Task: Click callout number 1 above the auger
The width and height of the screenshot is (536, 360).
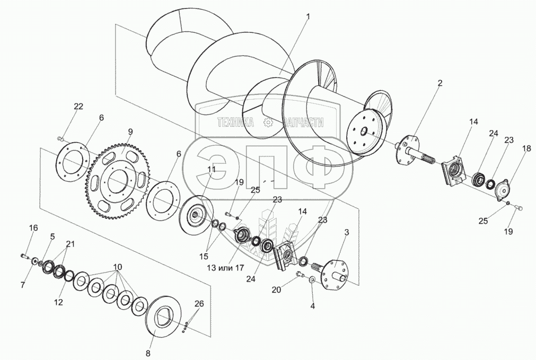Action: pos(307,16)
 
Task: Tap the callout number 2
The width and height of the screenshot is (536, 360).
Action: pos(440,83)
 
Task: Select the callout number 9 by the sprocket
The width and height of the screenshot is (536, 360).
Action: pos(130,132)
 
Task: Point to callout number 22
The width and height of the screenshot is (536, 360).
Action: pos(78,107)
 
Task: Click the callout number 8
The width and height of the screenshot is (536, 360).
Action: pos(148,353)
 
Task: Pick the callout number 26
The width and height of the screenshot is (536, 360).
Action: pos(198,304)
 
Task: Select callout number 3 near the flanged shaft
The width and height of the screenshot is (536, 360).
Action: pos(346,232)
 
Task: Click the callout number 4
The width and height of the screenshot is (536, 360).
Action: pos(312,306)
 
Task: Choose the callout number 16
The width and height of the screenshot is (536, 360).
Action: pos(33,228)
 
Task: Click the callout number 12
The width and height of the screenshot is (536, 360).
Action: pos(58,302)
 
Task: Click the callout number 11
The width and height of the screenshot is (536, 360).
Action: pos(212,170)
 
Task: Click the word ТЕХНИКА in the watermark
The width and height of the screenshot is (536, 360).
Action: pos(235,123)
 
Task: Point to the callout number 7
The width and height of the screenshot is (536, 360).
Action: pos(23,285)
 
